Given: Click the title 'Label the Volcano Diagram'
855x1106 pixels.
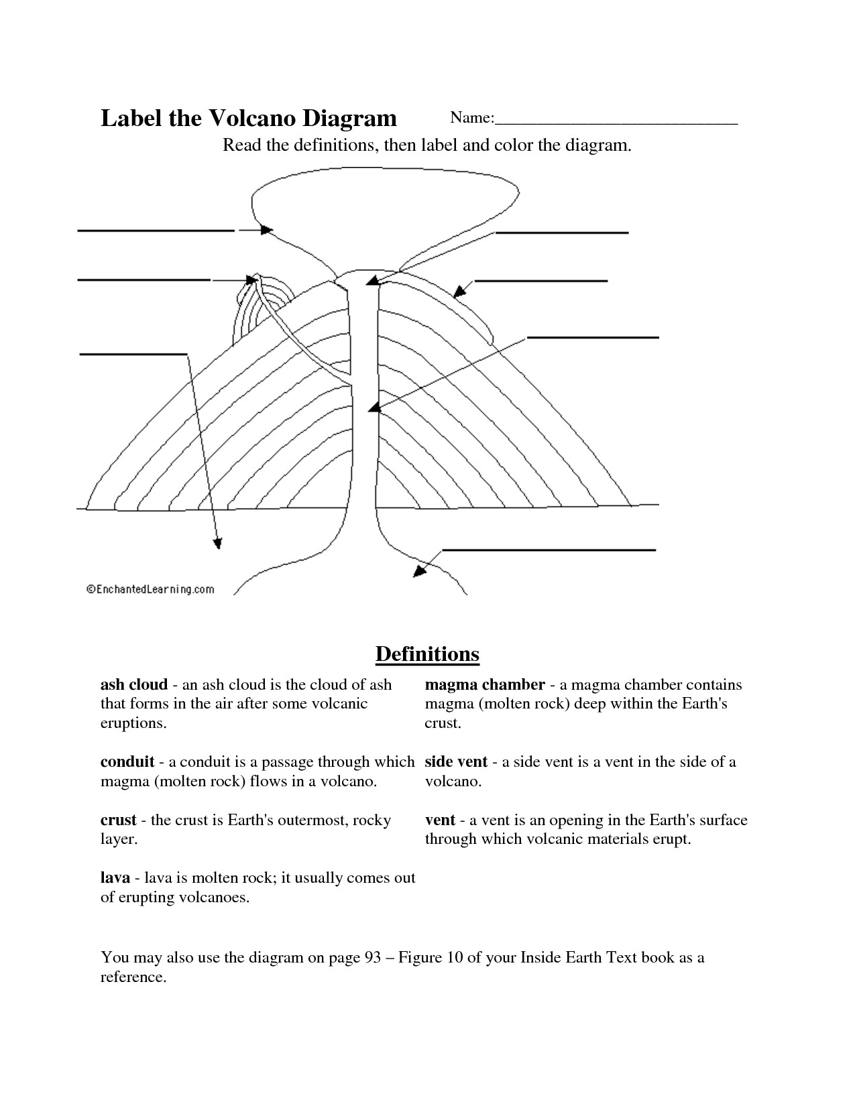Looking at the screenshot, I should (248, 119).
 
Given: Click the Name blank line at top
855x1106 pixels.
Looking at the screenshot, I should (616, 123).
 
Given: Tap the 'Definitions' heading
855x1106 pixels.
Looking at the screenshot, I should (427, 654).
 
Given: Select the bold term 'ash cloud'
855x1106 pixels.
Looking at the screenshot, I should (133, 684).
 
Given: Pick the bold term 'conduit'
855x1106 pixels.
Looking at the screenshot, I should (127, 762).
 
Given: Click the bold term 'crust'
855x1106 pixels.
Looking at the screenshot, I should (118, 820).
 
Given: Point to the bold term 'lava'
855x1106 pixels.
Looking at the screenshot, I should (115, 878).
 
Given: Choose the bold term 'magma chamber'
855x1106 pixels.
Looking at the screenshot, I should (485, 684).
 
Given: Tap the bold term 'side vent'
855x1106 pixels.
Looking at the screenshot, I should (456, 762).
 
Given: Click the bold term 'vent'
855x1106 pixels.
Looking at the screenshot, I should (440, 820).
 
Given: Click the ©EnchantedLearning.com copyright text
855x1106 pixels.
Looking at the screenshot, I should (150, 589).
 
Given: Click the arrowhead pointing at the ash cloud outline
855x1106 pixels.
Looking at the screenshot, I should (267, 230).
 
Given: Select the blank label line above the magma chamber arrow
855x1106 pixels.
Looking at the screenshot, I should (549, 550).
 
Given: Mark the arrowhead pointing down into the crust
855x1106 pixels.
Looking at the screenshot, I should (217, 544).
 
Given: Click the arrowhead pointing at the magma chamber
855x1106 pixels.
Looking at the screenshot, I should (419, 571).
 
